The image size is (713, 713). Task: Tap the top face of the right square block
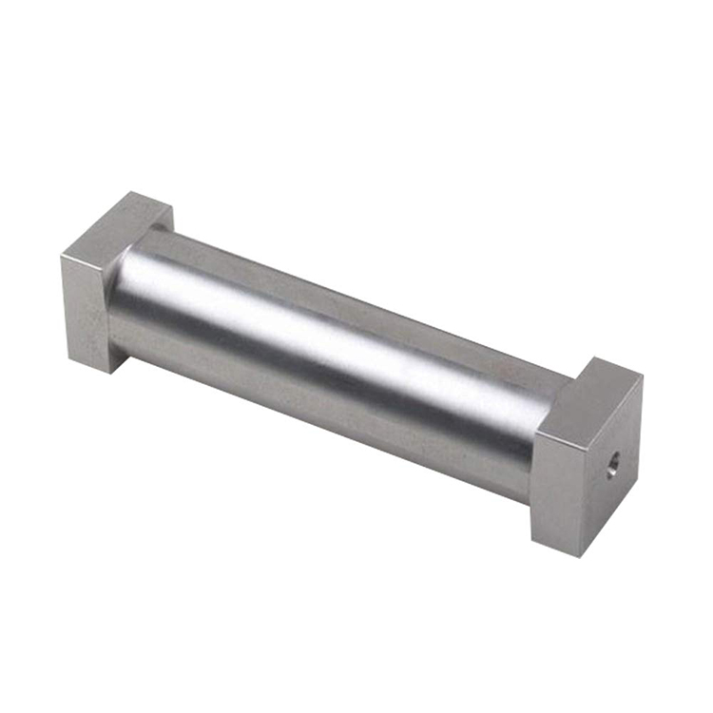pos(592,397)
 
